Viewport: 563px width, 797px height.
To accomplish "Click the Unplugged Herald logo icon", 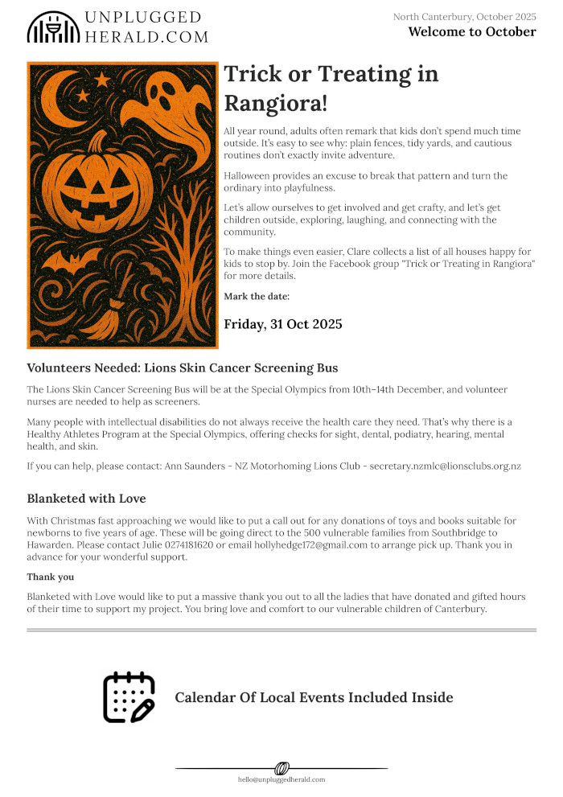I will (x=54, y=27).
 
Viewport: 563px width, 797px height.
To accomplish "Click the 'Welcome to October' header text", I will (x=471, y=32).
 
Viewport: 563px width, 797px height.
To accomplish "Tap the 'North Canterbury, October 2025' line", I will (x=464, y=17).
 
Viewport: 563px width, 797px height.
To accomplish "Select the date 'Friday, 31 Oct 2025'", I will (x=283, y=324).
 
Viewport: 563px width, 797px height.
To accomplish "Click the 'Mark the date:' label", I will (x=256, y=297).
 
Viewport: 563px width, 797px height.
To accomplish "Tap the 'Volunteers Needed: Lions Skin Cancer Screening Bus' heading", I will (x=183, y=368).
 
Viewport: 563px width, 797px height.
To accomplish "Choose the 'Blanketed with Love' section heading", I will (x=86, y=499).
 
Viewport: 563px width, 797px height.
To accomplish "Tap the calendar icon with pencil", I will (x=129, y=697).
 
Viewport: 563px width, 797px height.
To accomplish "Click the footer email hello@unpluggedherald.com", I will (x=281, y=780).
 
